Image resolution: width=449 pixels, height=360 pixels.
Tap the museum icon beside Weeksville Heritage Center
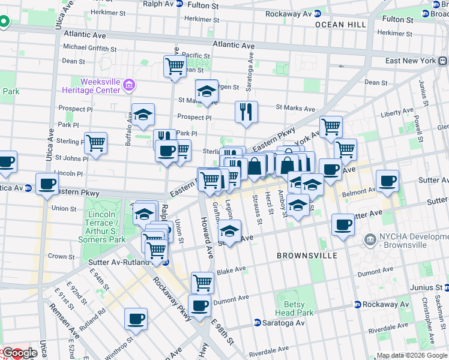click(x=127, y=86)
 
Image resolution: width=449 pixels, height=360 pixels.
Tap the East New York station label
click(x=411, y=61)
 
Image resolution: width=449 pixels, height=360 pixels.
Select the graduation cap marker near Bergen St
click(x=206, y=91)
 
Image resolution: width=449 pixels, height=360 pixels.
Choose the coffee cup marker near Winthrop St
click(x=136, y=319)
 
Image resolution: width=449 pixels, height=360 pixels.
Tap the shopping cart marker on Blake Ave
click(x=202, y=281)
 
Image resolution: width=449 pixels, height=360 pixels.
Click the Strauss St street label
click(x=257, y=208)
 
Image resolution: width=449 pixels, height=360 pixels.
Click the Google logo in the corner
click(x=19, y=353)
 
